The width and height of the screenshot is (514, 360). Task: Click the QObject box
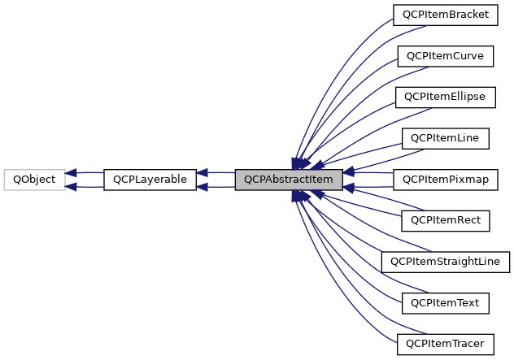[34, 180]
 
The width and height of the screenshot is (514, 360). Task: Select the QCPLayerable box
[150, 180]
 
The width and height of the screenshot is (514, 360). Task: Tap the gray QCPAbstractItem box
[288, 180]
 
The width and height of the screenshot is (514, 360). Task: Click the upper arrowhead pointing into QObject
[72, 173]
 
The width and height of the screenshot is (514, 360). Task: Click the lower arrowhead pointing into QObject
[72, 186]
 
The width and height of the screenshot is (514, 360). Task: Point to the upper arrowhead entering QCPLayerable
[203, 173]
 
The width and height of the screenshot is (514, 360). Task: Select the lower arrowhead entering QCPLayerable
[203, 186]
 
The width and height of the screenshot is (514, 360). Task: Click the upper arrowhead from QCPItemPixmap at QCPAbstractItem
[348, 173]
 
